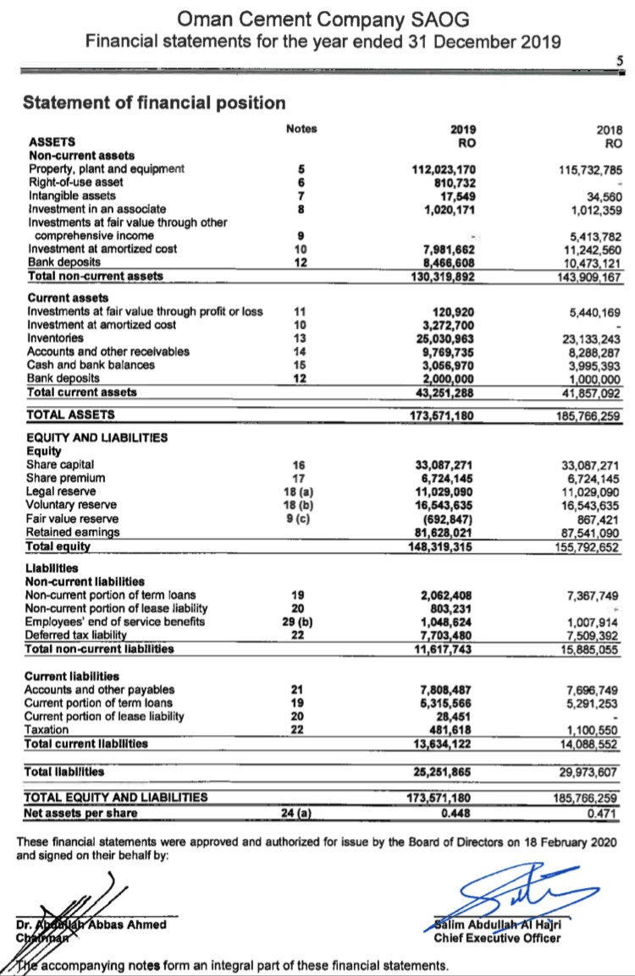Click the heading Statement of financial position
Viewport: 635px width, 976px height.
point(154,103)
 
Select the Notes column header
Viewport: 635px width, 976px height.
point(301,129)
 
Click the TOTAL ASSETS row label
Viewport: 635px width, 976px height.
point(72,414)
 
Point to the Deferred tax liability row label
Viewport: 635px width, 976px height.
point(77,635)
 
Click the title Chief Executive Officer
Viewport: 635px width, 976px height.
point(496,938)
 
